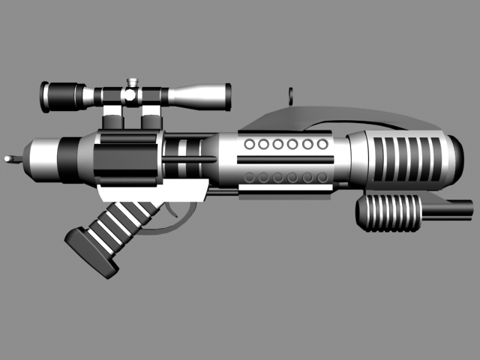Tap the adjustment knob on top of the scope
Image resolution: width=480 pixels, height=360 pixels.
132,82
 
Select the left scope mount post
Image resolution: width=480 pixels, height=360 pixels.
113,115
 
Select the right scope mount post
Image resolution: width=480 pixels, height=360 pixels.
151,115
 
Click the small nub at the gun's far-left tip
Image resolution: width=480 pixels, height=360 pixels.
9,159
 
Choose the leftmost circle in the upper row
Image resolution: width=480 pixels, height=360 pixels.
250,144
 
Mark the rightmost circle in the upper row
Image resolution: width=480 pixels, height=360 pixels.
322,144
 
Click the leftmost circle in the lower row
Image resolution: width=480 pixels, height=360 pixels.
250,178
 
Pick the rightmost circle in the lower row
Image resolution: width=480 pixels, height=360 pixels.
322,178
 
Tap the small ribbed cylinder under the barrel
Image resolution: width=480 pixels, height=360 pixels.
388,212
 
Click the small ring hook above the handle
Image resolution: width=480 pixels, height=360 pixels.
289,95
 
